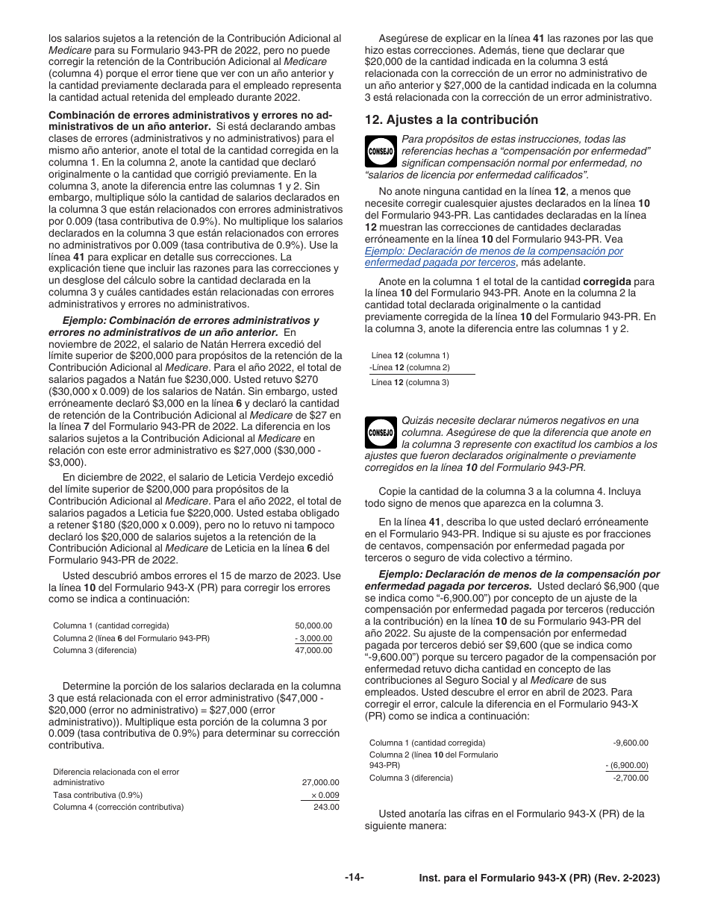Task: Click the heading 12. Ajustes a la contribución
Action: (x=451, y=119)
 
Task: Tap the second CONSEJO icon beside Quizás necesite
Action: (x=381, y=432)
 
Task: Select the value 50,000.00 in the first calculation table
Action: (x=313, y=625)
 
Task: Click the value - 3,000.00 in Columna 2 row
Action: (x=313, y=638)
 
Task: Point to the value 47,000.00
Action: (x=313, y=650)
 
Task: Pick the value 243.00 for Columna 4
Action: (x=325, y=807)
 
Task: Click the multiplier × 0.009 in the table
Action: (x=324, y=795)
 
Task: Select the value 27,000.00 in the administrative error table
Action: (x=320, y=782)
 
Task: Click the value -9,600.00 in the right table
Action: (x=631, y=743)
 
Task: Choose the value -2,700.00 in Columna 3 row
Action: (x=631, y=778)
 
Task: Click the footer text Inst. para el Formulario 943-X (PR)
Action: (x=540, y=879)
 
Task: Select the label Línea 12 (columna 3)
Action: (x=410, y=382)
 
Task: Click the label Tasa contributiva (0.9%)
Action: (x=98, y=795)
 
